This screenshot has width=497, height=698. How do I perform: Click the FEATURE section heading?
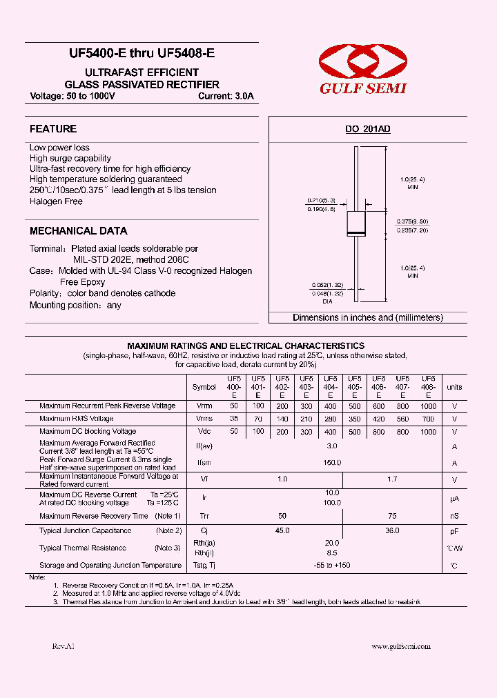coord(53,129)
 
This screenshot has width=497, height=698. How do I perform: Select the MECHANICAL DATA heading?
coord(79,231)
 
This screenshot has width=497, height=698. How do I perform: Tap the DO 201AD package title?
coord(368,129)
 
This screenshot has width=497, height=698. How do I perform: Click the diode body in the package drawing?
coord(356,226)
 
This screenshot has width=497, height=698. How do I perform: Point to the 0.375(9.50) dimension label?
coord(412,221)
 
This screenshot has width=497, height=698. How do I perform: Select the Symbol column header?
coord(204,387)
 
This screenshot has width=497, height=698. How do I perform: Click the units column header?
coord(454,387)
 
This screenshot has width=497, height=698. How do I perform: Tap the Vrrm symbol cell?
coord(204,406)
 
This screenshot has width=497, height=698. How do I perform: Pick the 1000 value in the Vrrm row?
coord(428,406)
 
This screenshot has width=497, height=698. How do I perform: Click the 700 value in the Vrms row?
coord(428,419)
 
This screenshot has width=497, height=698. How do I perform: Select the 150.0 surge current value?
coord(332,463)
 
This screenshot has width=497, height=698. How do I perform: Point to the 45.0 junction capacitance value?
coord(282,530)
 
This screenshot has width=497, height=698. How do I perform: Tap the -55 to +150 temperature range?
coord(332,565)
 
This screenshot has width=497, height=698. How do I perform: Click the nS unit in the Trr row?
coord(454,516)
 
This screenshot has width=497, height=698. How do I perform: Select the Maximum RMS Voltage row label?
coord(77,419)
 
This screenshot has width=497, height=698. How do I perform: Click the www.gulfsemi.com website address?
coord(401,646)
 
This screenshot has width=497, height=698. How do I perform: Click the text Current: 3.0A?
coord(226,97)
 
